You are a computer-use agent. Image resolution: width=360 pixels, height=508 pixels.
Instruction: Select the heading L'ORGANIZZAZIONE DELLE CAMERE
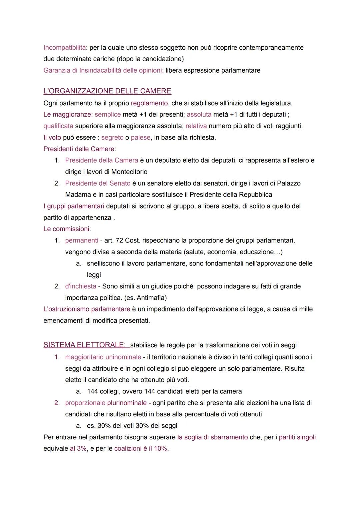(107, 91)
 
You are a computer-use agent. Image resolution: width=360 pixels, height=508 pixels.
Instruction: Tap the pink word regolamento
(149, 103)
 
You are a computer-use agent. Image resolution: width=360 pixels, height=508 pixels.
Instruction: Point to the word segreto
(112, 138)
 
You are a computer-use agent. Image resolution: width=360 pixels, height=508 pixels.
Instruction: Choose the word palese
(140, 138)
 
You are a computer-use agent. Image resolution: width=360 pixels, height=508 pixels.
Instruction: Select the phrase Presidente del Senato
(98, 183)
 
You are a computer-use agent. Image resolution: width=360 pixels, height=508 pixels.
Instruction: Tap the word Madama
(78, 195)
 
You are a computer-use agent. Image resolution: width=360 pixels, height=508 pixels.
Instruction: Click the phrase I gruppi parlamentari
(74, 206)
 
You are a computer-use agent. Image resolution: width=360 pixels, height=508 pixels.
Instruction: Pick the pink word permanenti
(82, 241)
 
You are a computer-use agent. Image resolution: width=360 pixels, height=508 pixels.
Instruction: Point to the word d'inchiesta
(81, 286)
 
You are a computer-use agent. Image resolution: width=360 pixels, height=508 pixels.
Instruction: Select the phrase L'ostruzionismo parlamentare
(87, 309)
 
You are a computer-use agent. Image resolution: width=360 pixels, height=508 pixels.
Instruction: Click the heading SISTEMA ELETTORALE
(84, 345)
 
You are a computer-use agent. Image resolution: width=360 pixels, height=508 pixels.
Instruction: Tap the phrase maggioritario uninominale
(103, 357)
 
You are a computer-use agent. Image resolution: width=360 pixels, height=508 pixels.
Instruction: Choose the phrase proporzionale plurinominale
(106, 403)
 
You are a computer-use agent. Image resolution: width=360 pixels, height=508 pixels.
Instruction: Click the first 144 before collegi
(92, 391)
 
